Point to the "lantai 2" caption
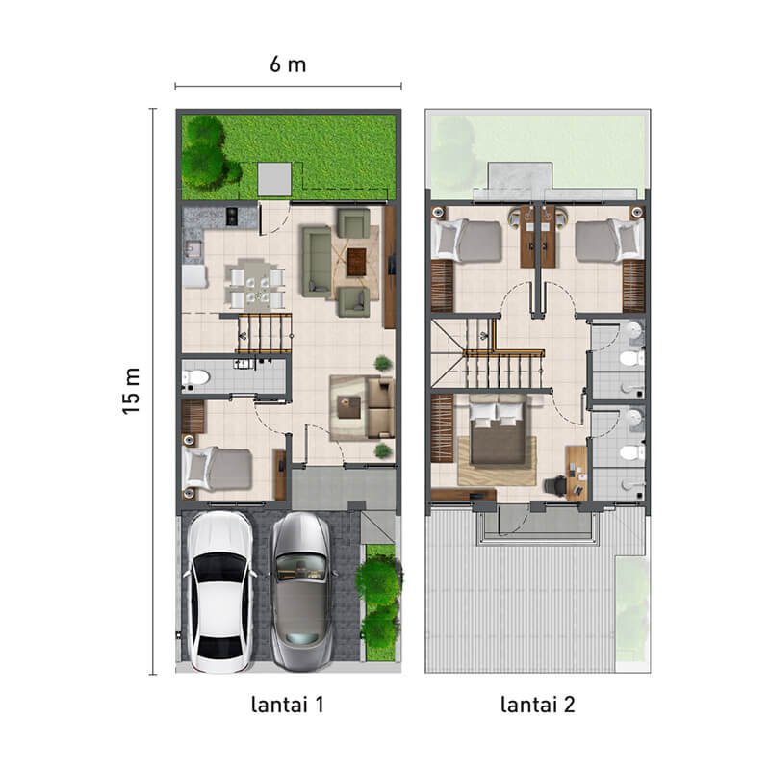tap(538, 705)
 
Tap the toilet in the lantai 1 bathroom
tap(193, 376)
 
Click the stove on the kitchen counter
tap(231, 218)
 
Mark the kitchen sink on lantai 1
tap(192, 251)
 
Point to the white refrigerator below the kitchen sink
tap(193, 277)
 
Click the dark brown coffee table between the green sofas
tap(358, 258)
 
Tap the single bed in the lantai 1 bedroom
tap(218, 469)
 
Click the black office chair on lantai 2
tap(554, 485)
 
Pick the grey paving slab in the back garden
tap(273, 178)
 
